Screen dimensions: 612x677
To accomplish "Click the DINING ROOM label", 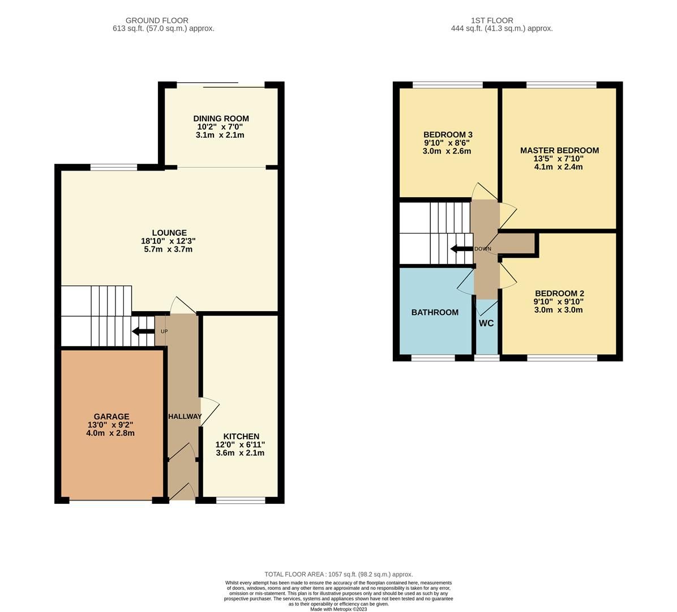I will [x=220, y=118].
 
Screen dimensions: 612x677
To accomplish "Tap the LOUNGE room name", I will [x=169, y=232].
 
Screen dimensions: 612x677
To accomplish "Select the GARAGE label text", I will [x=112, y=416].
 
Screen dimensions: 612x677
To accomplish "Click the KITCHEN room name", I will [x=241, y=436].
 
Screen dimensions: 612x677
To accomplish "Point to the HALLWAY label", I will [x=185, y=416].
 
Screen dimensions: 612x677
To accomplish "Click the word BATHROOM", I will [x=435, y=312].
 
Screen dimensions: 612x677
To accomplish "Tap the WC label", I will [x=486, y=324].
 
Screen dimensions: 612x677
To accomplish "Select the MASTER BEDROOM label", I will [x=559, y=150].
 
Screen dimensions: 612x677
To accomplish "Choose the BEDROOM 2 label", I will [x=559, y=293].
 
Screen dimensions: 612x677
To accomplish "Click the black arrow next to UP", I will [x=142, y=331].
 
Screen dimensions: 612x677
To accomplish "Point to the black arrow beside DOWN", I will [x=461, y=249].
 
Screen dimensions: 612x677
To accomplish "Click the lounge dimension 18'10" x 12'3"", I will [x=168, y=241].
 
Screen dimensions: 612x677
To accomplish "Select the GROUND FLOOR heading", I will [x=157, y=20].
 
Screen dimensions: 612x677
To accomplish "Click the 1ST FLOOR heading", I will [x=492, y=20].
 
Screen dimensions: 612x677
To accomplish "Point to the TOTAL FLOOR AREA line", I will [x=338, y=574].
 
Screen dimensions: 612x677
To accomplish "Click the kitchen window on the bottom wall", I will [x=241, y=500].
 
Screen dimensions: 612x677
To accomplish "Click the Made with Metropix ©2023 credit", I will [x=338, y=609].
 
